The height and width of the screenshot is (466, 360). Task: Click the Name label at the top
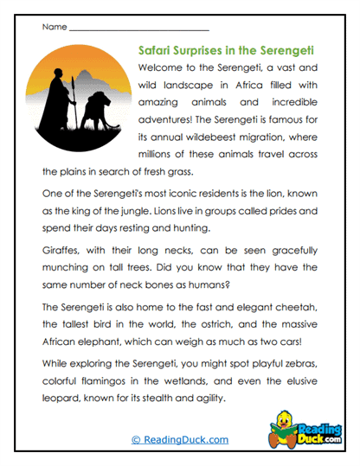tap(54, 28)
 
